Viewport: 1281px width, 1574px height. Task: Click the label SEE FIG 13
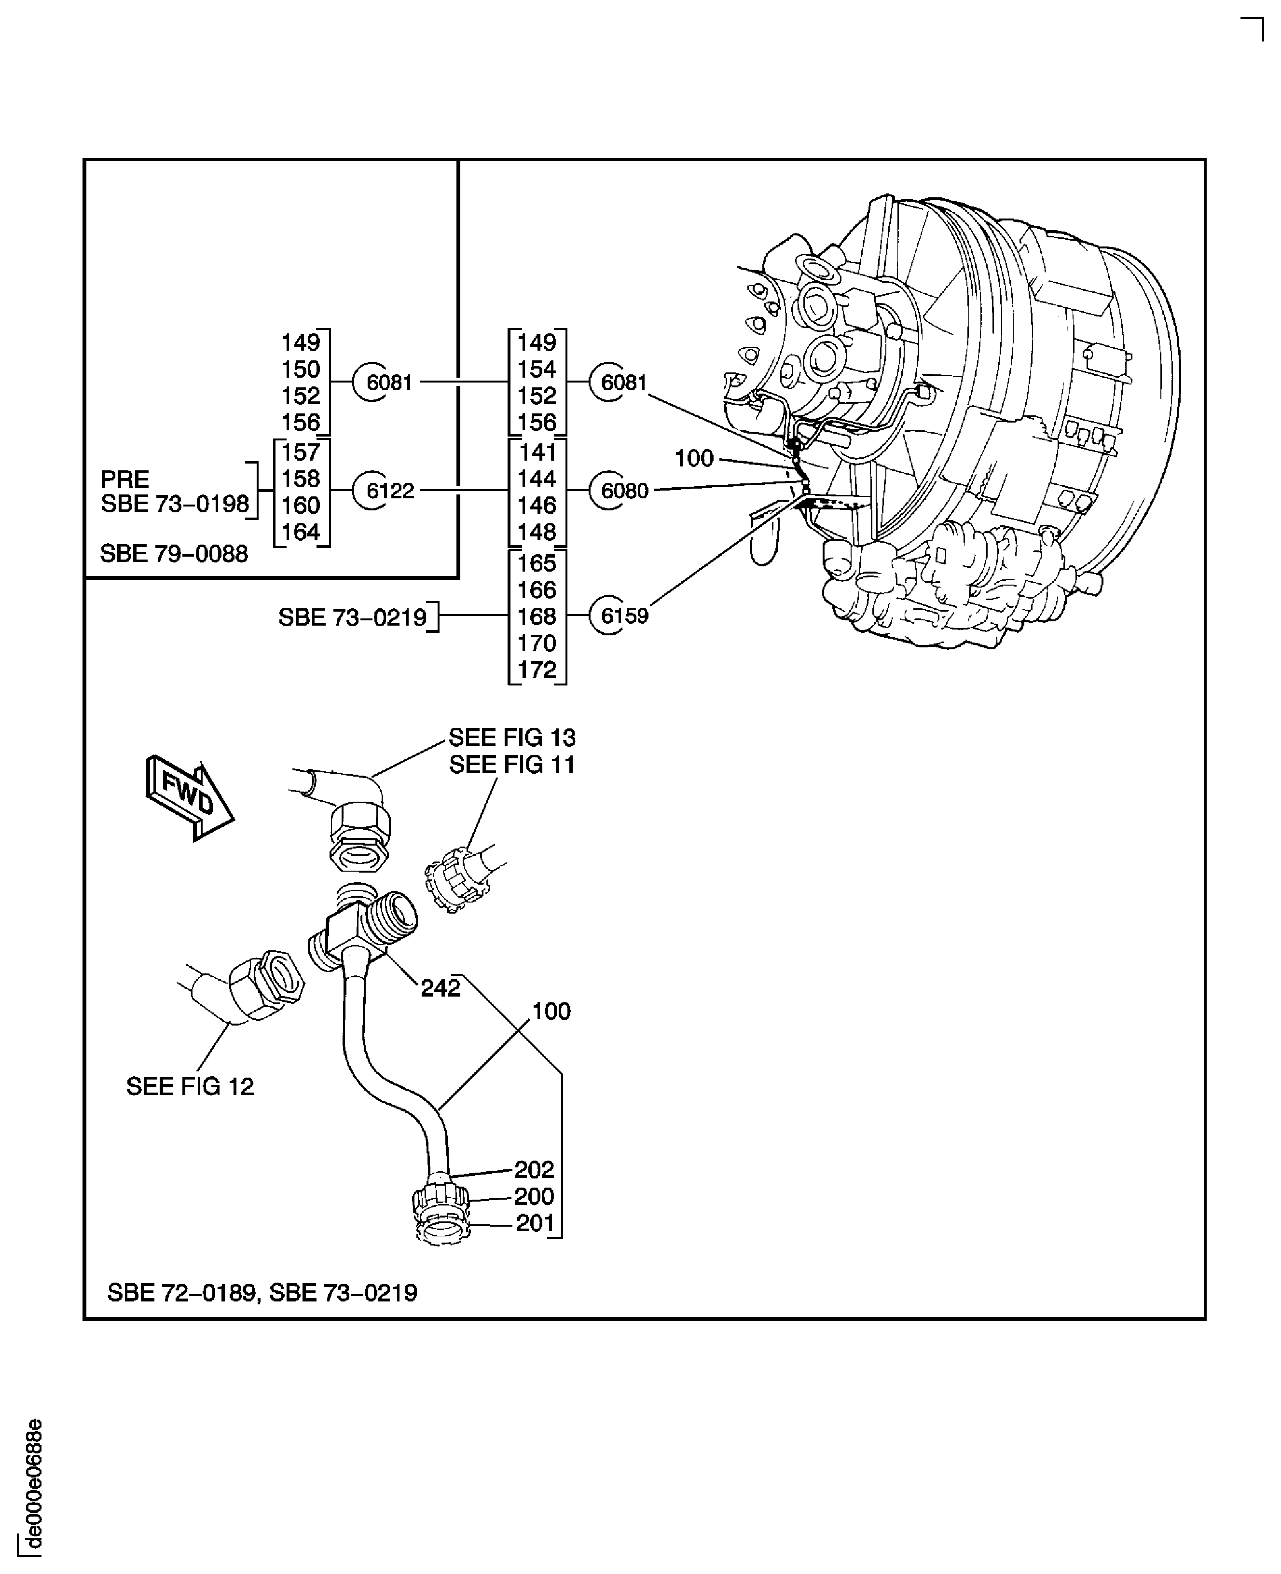pos(511,738)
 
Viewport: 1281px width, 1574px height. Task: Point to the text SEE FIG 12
pos(190,1086)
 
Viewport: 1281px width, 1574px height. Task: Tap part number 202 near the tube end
pos(534,1170)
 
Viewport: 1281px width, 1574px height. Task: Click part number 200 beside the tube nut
pos(534,1196)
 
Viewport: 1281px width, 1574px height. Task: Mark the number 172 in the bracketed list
pos(537,670)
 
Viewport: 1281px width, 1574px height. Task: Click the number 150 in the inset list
pos(300,370)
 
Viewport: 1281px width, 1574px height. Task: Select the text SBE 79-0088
pos(174,554)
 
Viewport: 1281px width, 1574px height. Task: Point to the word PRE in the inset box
pos(124,479)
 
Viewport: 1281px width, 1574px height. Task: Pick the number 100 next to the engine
pos(694,459)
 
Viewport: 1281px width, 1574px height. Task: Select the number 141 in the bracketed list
pos(537,452)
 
